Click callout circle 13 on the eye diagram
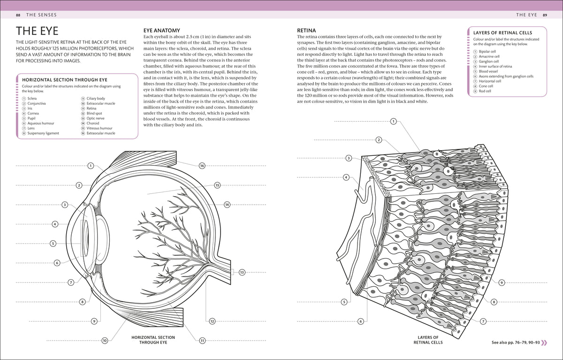pyautogui.click(x=242, y=272)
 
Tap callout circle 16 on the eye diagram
pyautogui.click(x=202, y=166)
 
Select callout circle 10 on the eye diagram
pyautogui.click(x=105, y=341)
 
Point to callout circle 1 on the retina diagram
pyautogui.click(x=393, y=122)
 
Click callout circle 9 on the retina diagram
pyautogui.click(x=502, y=283)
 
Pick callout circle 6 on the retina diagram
pyautogui.click(x=361, y=322)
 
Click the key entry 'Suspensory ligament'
pyautogui.click(x=43, y=133)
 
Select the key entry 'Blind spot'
pyautogui.click(x=94, y=114)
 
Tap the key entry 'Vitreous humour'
pyautogui.click(x=99, y=128)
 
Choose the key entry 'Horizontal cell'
pyautogui.click(x=490, y=81)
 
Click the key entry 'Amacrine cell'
pyautogui.click(x=489, y=57)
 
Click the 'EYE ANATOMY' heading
pyautogui.click(x=161, y=31)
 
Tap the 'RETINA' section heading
pyautogui.click(x=306, y=31)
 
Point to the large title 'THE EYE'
pyautogui.click(x=37, y=31)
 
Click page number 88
pyautogui.click(x=18, y=15)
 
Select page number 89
pyautogui.click(x=545, y=15)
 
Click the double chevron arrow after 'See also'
pyautogui.click(x=544, y=343)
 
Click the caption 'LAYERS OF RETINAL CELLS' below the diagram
pyautogui.click(x=428, y=340)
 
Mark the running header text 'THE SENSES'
pyautogui.click(x=41, y=15)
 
